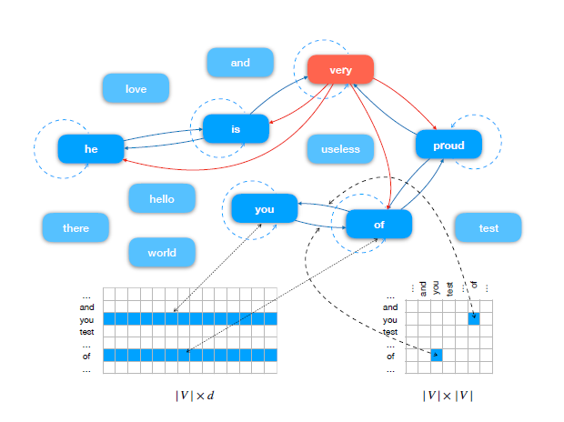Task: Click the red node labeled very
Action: [x=340, y=70]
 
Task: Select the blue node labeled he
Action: [x=91, y=148]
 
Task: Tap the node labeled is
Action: [x=236, y=129]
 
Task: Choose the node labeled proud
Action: [x=448, y=145]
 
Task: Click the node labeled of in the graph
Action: [x=379, y=224]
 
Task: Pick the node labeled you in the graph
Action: [x=265, y=209]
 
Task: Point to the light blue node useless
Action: [x=340, y=149]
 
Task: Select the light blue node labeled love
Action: [x=136, y=89]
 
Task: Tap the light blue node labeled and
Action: [x=240, y=63]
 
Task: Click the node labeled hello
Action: [x=162, y=198]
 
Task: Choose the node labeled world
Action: [x=162, y=252]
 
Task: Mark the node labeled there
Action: [x=76, y=227]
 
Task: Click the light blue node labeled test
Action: [x=488, y=227]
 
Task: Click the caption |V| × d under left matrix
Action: [x=195, y=396]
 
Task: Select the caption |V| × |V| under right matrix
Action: [x=448, y=396]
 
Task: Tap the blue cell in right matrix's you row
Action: [x=474, y=319]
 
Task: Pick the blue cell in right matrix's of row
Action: [x=437, y=356]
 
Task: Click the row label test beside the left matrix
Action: [x=86, y=331]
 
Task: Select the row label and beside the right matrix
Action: [x=389, y=307]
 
